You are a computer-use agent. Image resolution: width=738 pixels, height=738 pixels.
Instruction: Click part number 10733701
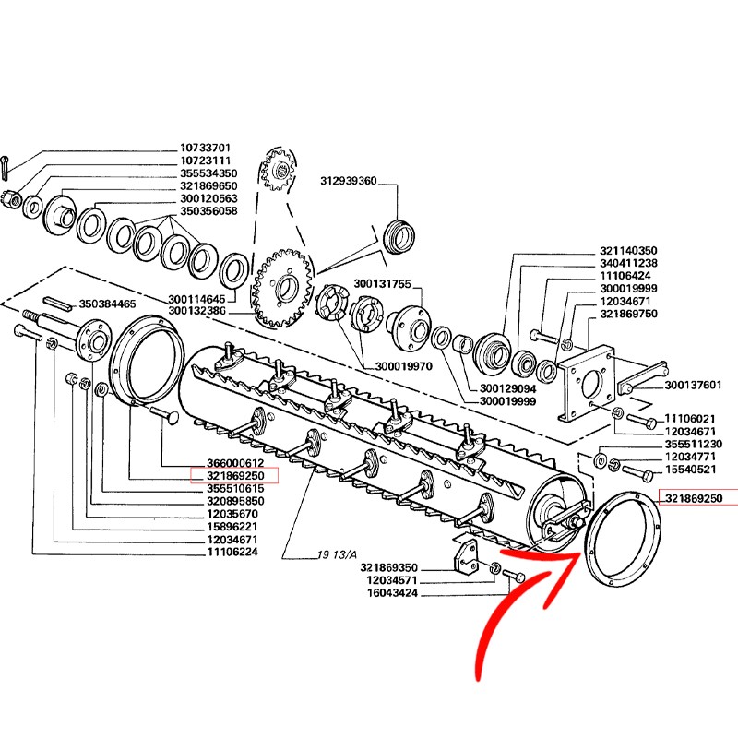pyautogui.click(x=205, y=148)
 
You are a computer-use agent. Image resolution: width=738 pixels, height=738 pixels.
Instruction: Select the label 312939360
pyautogui.click(x=349, y=181)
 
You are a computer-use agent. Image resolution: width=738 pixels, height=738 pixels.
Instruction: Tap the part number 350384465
pyautogui.click(x=107, y=304)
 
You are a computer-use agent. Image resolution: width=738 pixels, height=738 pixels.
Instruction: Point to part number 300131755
pyautogui.click(x=382, y=284)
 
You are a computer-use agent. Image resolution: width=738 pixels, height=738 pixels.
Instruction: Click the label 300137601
pyautogui.click(x=693, y=385)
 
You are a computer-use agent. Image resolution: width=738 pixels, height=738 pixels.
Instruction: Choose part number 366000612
pyautogui.click(x=235, y=463)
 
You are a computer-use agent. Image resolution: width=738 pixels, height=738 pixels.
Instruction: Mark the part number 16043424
pyautogui.click(x=393, y=593)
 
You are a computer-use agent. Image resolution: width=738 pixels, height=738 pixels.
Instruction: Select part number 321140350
pyautogui.click(x=628, y=250)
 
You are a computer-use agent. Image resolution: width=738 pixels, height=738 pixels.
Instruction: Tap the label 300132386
pyautogui.click(x=196, y=311)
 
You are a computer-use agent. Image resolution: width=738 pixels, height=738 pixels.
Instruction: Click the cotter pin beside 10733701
pyautogui.click(x=6, y=167)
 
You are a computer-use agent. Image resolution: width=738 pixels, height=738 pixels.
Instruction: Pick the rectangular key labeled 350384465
pyautogui.click(x=58, y=304)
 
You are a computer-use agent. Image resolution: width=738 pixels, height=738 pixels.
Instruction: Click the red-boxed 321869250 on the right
pyautogui.click(x=694, y=498)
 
